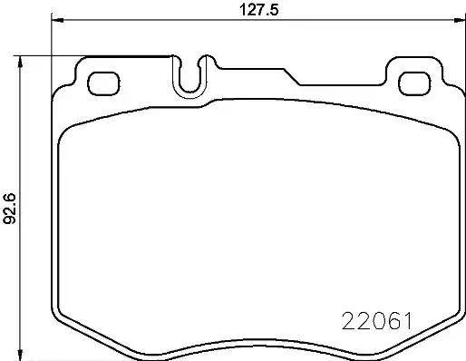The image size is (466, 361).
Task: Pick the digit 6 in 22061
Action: [x=393, y=320]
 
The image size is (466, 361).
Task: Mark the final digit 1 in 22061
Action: [x=409, y=320]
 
